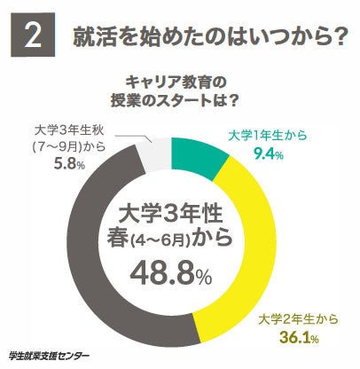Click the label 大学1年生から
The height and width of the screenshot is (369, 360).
point(263,136)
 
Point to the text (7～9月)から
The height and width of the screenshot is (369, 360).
point(67,145)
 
